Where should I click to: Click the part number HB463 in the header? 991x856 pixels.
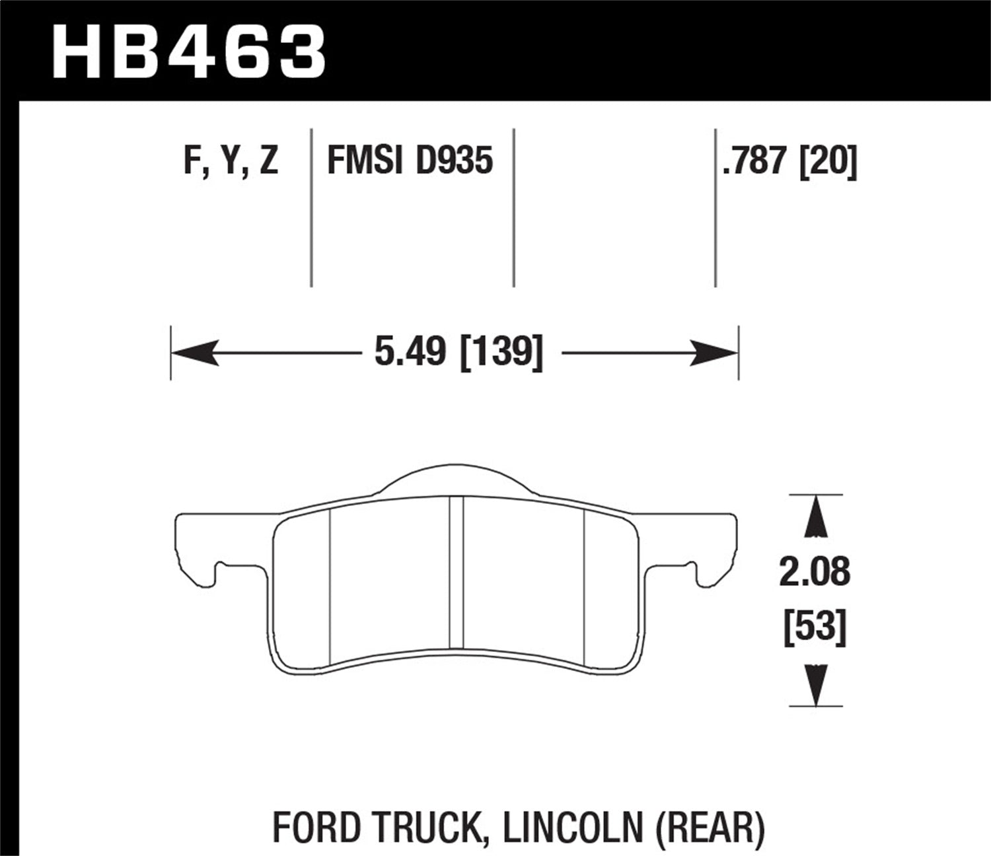189,51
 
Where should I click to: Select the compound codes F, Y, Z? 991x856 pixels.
231,161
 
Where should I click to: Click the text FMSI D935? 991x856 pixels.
410,161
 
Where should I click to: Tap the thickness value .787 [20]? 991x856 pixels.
789,161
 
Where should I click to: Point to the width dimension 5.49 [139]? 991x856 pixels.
459,351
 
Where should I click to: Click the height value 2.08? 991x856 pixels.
814,572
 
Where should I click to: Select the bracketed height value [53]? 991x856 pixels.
814,626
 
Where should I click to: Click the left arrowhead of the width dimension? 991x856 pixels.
194,352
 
